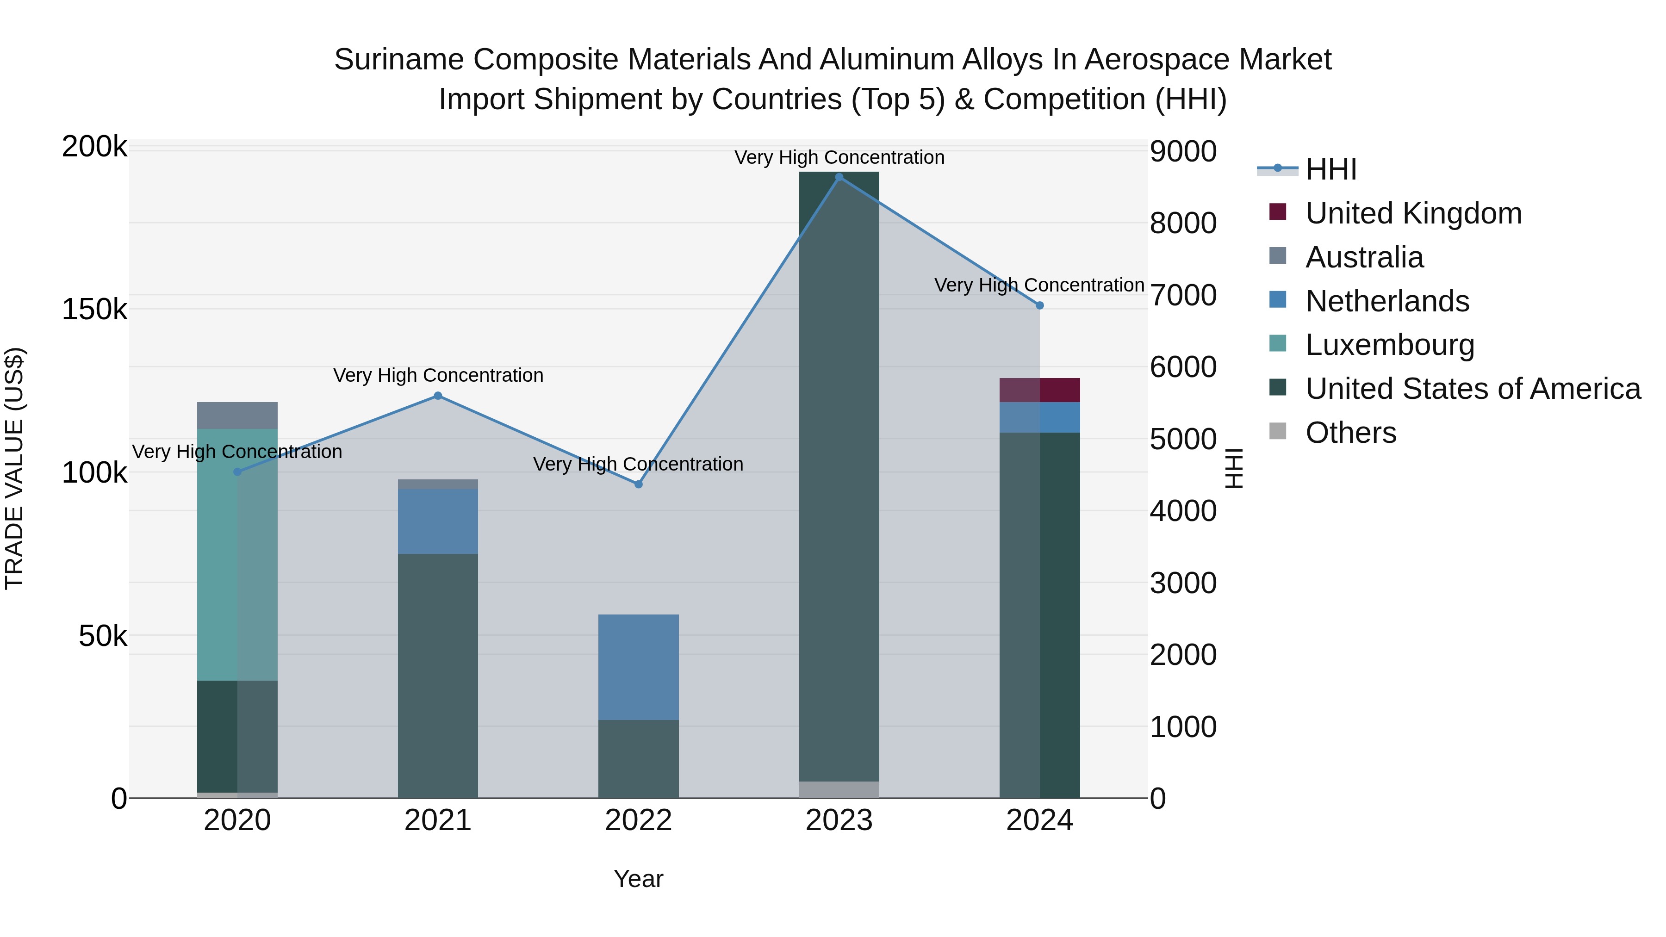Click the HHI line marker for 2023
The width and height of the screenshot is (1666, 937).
[x=839, y=177]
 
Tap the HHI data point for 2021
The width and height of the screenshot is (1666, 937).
[x=438, y=396]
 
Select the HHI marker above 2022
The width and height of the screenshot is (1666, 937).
[x=638, y=484]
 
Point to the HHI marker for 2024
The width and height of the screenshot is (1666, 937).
[x=1039, y=305]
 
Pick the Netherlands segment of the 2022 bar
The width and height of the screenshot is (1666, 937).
[x=638, y=667]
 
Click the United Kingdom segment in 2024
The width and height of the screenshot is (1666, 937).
[x=1039, y=390]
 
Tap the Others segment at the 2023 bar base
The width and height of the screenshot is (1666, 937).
[x=839, y=789]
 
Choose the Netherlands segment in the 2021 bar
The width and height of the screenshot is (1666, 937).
[x=438, y=521]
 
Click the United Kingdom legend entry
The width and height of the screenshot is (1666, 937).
[x=1413, y=213]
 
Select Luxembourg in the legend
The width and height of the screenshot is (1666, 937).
[x=1389, y=345]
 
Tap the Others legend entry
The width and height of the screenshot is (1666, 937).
[x=1350, y=433]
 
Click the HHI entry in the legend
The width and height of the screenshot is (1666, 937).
[x=1330, y=169]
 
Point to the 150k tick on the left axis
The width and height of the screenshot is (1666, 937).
[x=94, y=309]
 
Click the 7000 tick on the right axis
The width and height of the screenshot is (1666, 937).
[x=1183, y=296]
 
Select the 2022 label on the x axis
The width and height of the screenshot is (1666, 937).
[x=638, y=820]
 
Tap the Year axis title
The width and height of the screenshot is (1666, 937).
[x=638, y=879]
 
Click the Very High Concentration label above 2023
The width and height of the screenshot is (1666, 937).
[x=839, y=157]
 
